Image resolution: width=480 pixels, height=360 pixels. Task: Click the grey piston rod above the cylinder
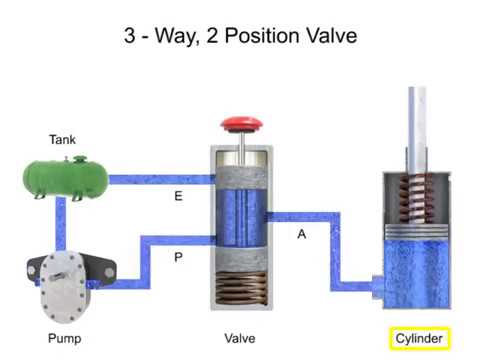point(413,120)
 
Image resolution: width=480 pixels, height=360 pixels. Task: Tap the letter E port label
point(178,196)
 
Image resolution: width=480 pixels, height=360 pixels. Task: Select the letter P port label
point(178,257)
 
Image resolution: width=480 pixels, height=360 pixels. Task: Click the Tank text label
point(62,139)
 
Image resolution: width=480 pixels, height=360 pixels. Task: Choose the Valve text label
point(239,338)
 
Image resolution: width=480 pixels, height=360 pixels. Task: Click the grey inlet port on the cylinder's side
point(376,283)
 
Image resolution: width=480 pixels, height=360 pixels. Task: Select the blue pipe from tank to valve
point(160,180)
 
